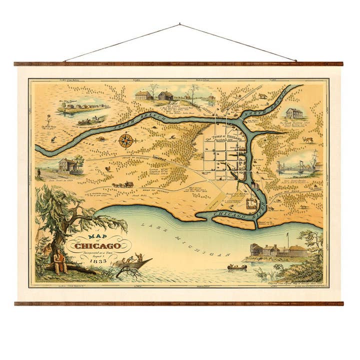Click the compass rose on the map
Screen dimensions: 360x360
(126, 140)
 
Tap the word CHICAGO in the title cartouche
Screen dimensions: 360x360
(97, 245)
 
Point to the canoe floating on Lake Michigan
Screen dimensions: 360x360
(236, 268)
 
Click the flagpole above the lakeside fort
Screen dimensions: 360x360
(287, 238)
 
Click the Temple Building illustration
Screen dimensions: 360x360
(294, 113)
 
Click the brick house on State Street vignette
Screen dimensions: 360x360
(67, 165)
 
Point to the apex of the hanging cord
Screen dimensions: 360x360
(179, 24)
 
